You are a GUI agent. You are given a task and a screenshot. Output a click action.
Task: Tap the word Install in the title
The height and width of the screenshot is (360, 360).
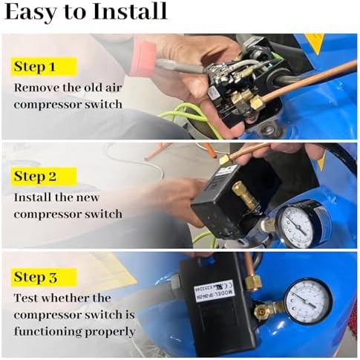[130, 11]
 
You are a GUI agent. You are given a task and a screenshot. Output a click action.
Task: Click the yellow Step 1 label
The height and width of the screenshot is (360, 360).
[44, 67]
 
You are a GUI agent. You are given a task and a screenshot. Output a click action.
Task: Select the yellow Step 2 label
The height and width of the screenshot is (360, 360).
[44, 176]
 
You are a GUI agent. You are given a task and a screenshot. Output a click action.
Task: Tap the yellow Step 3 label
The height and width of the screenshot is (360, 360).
[44, 277]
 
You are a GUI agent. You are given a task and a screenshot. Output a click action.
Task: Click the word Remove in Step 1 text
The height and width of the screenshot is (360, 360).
[36, 88]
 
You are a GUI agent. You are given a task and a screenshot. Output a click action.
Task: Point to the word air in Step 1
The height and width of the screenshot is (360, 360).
[114, 88]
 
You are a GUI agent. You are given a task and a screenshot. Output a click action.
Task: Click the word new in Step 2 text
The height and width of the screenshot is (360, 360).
[88, 197]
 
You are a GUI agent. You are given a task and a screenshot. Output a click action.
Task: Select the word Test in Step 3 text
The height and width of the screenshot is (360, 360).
[26, 298]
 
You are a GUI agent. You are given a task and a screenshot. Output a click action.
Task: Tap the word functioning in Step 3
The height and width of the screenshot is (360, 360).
[48, 332]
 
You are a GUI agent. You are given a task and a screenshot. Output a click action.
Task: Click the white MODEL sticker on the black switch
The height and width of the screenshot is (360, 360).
[213, 290]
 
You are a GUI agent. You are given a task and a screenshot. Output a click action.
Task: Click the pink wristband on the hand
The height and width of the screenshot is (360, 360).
[143, 59]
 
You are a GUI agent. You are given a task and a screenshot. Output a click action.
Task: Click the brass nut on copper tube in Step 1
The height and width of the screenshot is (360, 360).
[255, 102]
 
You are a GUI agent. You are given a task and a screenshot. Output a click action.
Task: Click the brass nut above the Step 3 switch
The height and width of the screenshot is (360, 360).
[253, 281]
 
